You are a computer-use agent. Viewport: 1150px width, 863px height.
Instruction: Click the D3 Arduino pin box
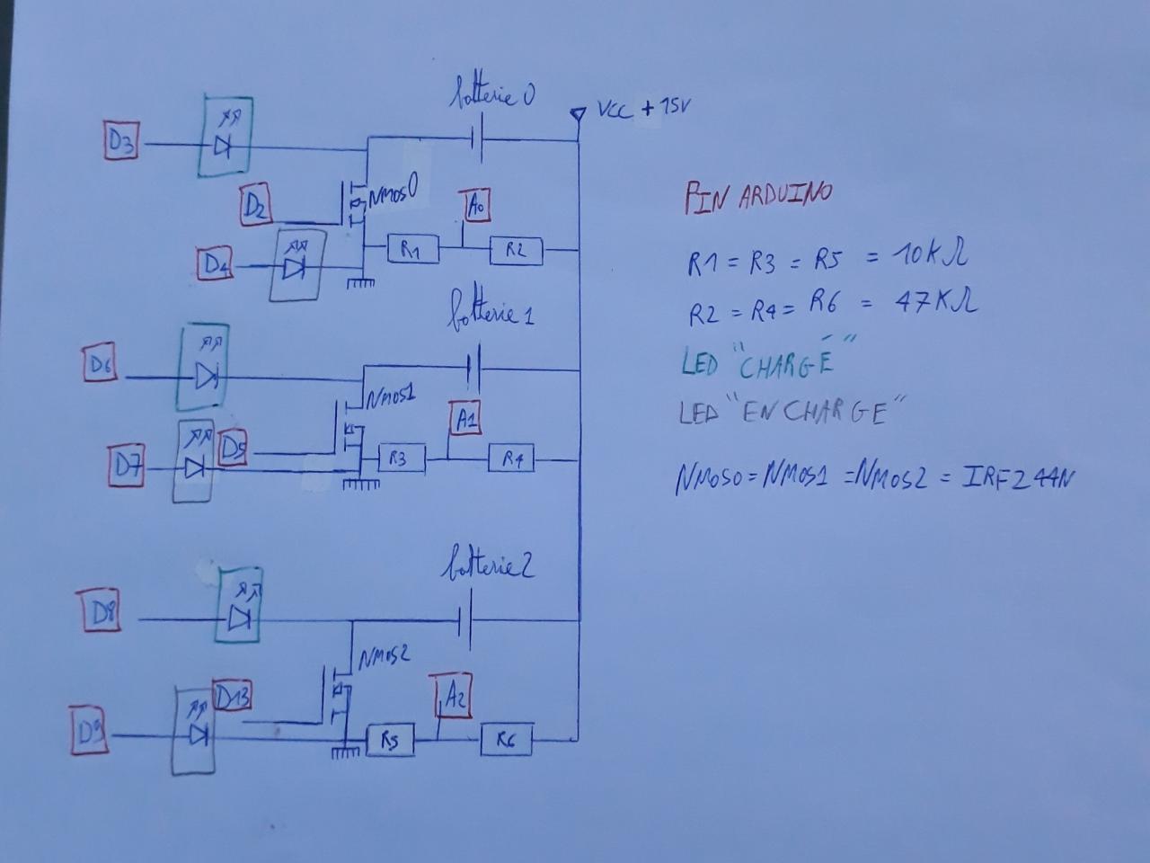[x=121, y=142]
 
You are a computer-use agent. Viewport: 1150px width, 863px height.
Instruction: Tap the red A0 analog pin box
[x=475, y=206]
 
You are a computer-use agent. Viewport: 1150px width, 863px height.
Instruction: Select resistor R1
[x=413, y=250]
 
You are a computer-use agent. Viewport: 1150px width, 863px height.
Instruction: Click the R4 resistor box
[x=511, y=459]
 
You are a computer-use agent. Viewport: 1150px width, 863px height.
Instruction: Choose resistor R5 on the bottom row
[x=389, y=741]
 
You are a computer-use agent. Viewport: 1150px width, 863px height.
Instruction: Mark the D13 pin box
[x=233, y=696]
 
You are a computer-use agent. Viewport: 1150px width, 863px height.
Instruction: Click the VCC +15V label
[x=640, y=111]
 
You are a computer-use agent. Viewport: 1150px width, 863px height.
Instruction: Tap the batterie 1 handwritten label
[x=491, y=312]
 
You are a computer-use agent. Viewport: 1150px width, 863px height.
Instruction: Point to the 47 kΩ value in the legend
[x=935, y=302]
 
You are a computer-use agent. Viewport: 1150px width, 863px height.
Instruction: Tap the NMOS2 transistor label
[x=384, y=657]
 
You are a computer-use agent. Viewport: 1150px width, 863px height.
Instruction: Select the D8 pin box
[x=101, y=614]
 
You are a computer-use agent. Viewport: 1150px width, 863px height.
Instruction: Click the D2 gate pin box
[x=255, y=206]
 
